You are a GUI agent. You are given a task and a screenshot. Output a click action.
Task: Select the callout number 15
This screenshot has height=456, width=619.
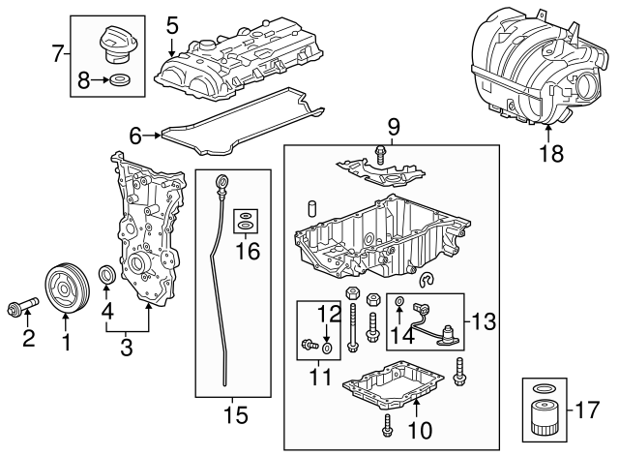pyautogui.click(x=236, y=415)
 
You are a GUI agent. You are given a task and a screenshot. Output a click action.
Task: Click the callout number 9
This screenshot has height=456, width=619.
pyautogui.click(x=393, y=126)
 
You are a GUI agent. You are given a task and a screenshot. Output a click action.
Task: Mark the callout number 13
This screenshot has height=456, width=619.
pyautogui.click(x=486, y=318)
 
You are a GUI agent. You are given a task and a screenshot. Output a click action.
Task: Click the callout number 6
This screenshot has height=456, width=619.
pyautogui.click(x=134, y=136)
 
